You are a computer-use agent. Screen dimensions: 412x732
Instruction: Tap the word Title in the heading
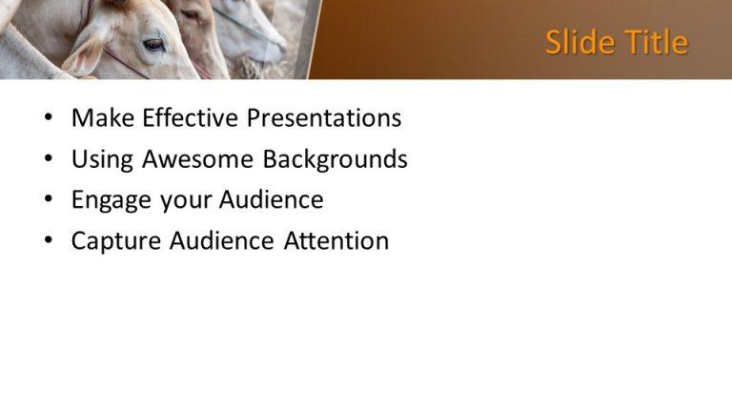(653, 42)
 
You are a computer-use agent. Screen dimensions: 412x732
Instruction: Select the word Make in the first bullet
(102, 118)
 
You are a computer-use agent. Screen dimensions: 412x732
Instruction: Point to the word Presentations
(324, 118)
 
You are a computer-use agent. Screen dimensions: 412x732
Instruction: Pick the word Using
(103, 160)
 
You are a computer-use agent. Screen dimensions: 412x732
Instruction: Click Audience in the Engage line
(272, 200)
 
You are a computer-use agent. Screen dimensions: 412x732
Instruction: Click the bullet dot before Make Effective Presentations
(50, 119)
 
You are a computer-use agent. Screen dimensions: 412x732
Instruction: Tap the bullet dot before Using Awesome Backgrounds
(50, 160)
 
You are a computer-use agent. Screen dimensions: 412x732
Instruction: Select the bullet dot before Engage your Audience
(50, 201)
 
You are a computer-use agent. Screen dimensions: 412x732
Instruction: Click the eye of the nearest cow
(153, 44)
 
